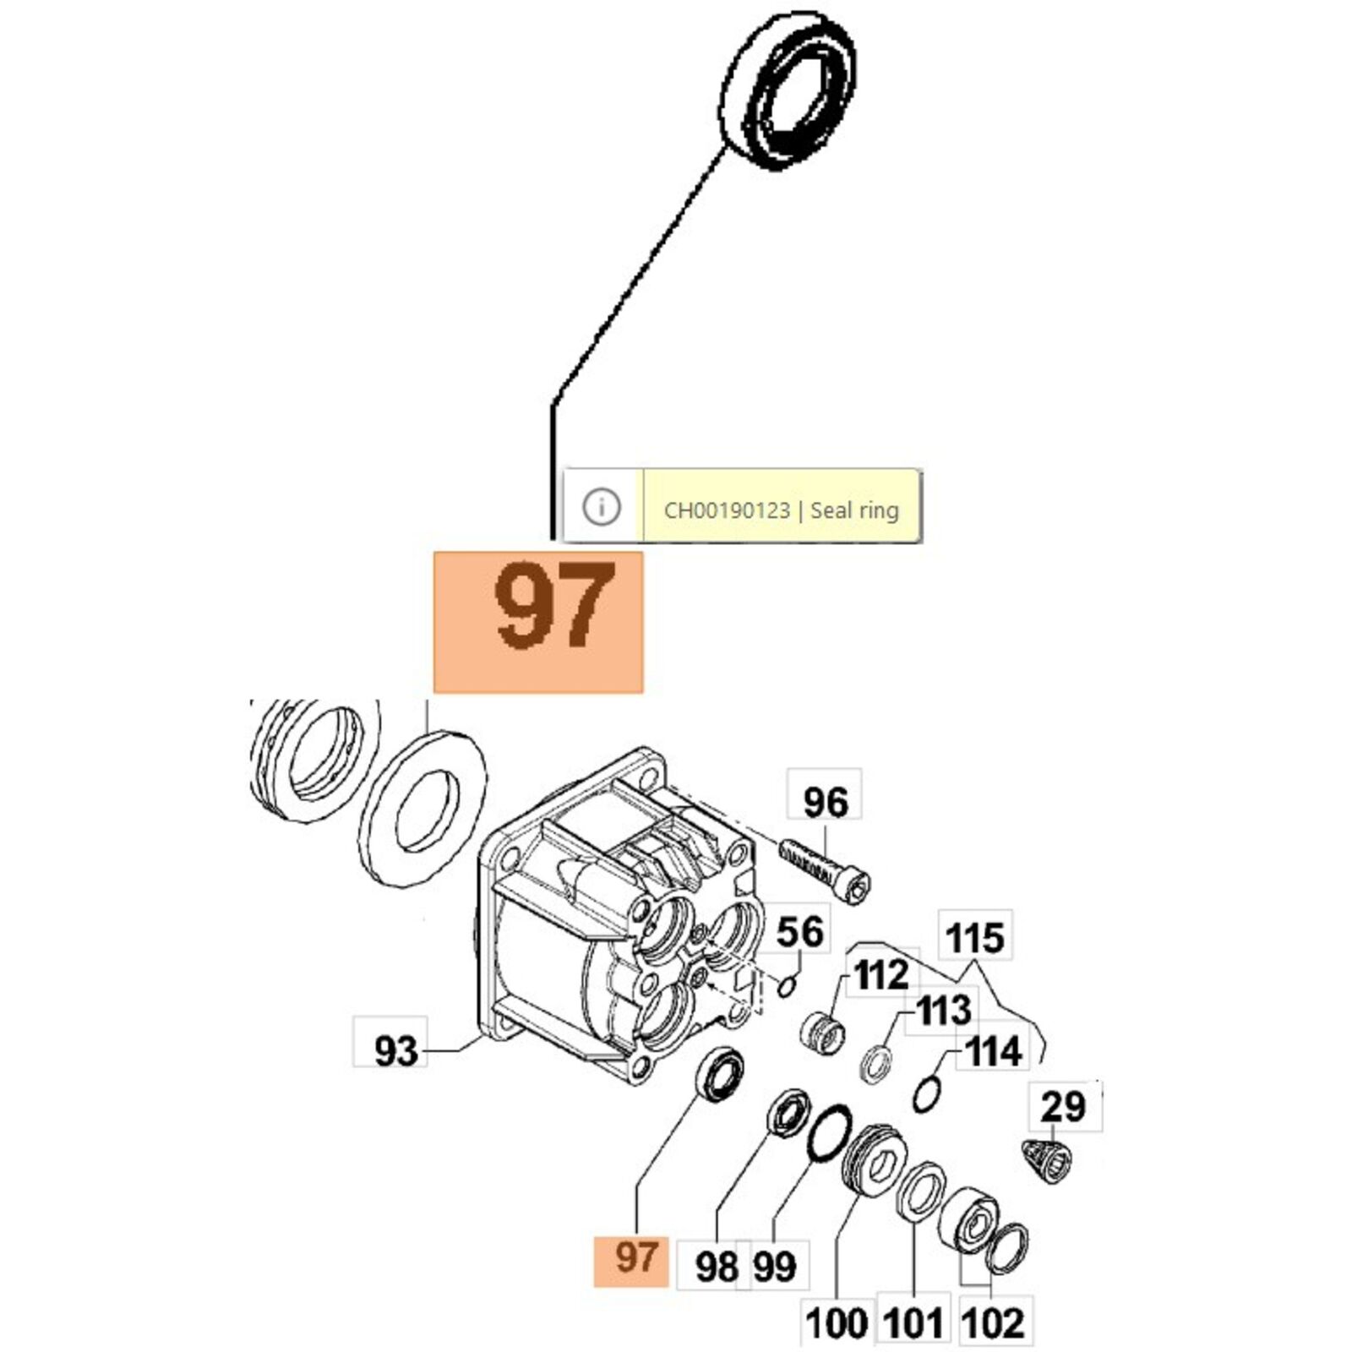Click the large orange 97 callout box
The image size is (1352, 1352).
coord(538,622)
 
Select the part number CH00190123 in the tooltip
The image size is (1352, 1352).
coord(727,510)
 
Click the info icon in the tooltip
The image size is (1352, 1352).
coord(602,507)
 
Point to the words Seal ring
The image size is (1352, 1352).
coord(854,510)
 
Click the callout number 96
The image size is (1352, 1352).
coord(825,802)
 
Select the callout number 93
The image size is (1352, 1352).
coord(395,1052)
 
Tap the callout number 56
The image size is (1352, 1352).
coord(799,932)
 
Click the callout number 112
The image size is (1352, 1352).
coord(881,976)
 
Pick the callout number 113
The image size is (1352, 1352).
coord(944,1010)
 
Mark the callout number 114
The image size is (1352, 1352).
coord(993,1052)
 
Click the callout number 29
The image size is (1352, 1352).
coord(1063,1106)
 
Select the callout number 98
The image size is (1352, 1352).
coord(717,1267)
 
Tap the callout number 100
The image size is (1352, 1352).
coord(837,1323)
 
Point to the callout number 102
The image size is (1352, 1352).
coord(992,1323)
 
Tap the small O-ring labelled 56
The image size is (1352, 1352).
coord(786,985)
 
